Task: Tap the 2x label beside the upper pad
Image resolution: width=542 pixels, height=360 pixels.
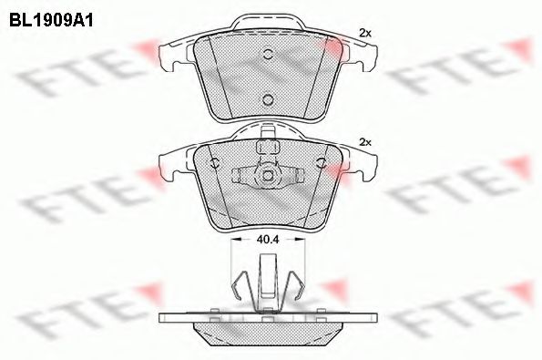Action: [x=366, y=32]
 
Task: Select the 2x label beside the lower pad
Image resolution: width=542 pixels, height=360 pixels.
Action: [x=366, y=142]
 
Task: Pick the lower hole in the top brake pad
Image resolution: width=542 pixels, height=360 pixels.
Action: [x=267, y=99]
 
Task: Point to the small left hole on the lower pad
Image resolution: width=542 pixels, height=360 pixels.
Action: [x=214, y=164]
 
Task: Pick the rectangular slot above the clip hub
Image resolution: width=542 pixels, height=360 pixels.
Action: [x=268, y=146]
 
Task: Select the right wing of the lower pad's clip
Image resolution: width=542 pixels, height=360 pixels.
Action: [x=293, y=174]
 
